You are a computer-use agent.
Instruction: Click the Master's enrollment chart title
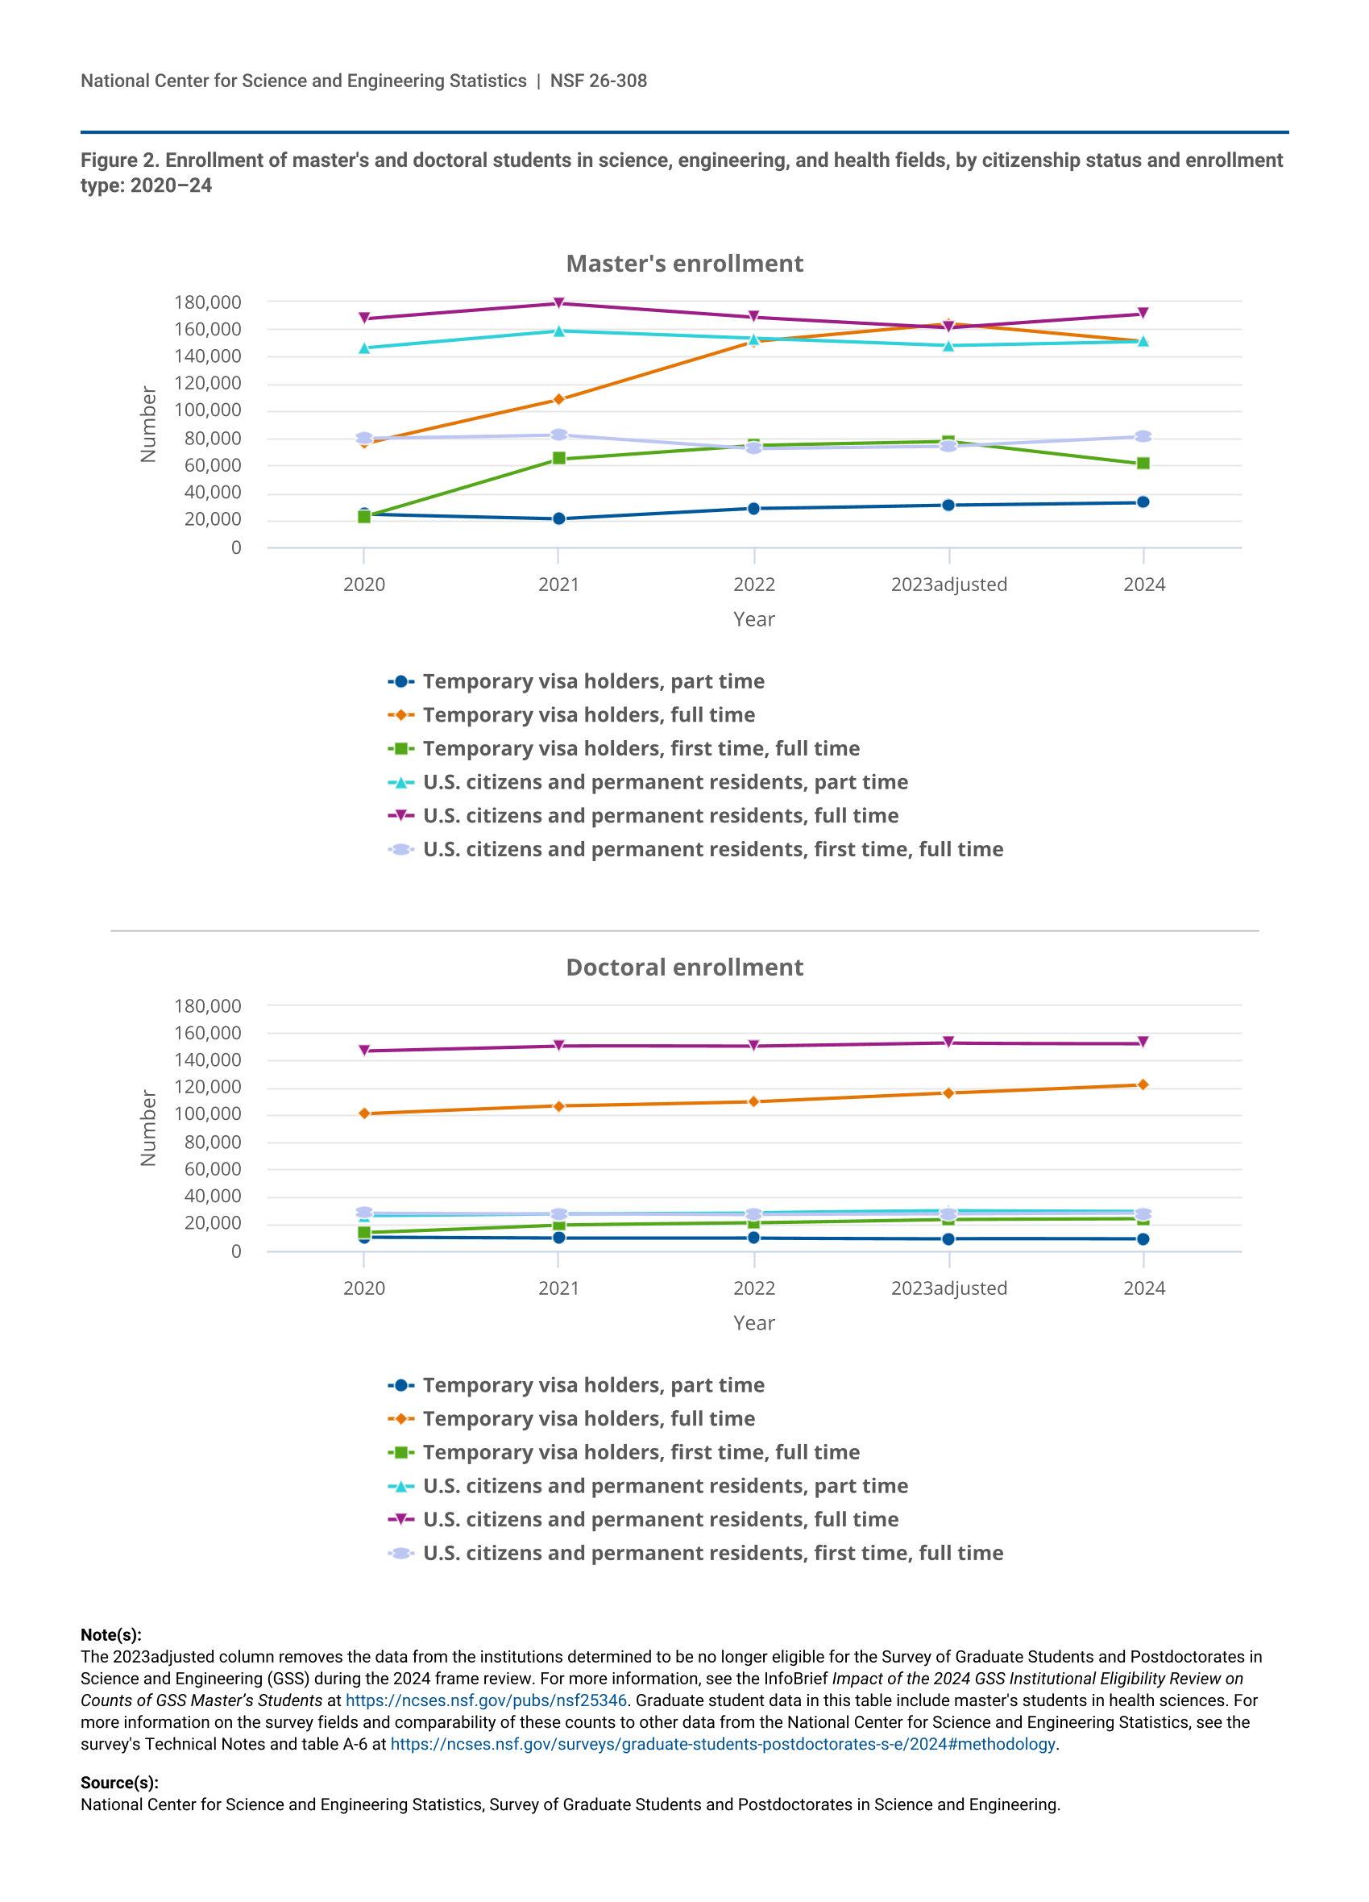[x=684, y=264]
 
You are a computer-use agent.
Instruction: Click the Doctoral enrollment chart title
[x=684, y=967]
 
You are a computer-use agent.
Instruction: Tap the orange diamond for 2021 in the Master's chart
[x=558, y=399]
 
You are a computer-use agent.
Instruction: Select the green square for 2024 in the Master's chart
[x=1143, y=463]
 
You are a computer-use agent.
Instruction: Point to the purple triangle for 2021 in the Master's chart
[x=558, y=302]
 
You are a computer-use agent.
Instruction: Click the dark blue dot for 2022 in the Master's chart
[x=753, y=508]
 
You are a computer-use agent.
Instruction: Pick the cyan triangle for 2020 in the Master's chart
[x=364, y=348]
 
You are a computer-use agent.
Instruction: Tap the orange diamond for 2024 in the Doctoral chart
[x=1143, y=1084]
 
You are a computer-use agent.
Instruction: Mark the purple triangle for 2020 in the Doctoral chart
[x=364, y=1050]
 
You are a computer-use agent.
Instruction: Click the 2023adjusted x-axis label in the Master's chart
[x=948, y=585]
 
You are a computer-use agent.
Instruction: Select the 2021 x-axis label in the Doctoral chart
[x=558, y=1288]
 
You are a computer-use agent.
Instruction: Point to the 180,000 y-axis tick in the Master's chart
[x=207, y=302]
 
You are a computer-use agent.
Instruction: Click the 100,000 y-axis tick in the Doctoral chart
[x=207, y=1113]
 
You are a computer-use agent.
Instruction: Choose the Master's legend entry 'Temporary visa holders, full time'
[x=588, y=714]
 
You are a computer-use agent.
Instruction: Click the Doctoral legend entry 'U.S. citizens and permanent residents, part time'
[x=665, y=1485]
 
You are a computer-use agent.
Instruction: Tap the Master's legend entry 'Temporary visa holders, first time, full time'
[x=641, y=748]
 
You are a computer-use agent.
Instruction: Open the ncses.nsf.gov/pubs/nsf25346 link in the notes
[x=485, y=1700]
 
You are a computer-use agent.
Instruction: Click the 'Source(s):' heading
[x=119, y=1782]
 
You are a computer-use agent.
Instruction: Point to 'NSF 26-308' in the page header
[x=598, y=81]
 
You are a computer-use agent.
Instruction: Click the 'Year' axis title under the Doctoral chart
[x=753, y=1322]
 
